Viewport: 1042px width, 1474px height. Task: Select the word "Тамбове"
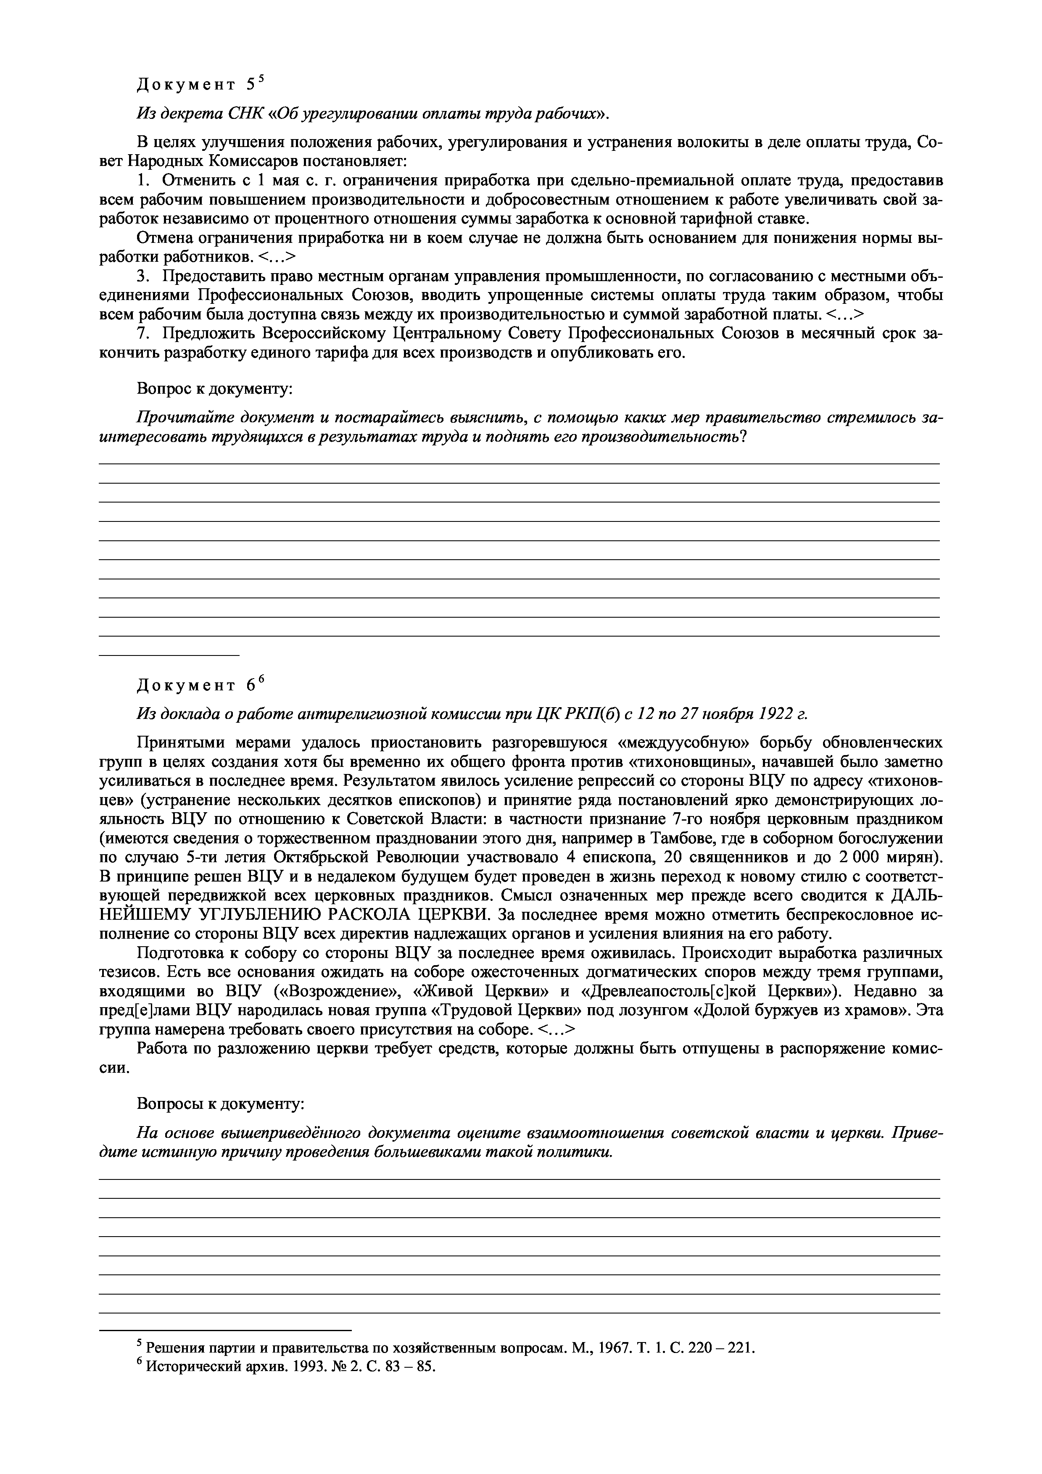coord(677,838)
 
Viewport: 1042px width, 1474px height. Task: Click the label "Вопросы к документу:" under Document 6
coord(220,1104)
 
